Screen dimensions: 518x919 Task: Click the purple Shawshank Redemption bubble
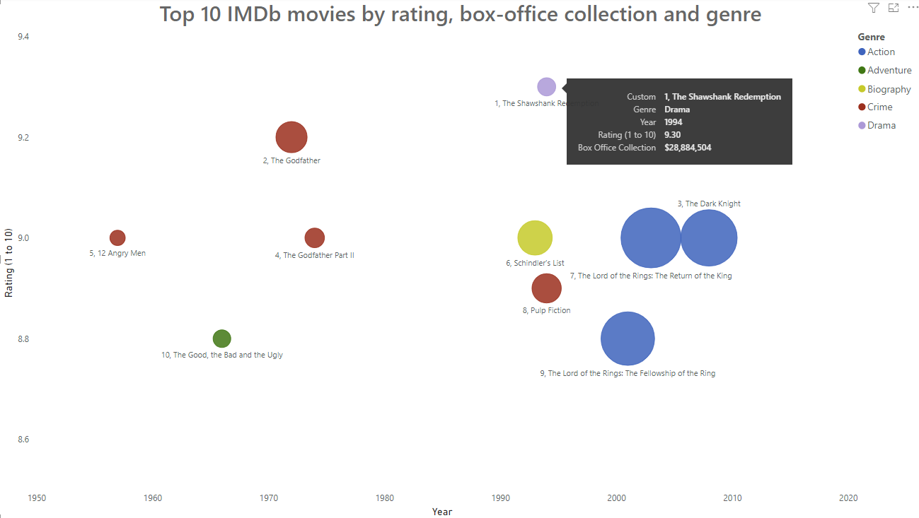pos(546,87)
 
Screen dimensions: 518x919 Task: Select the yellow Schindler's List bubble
pos(535,238)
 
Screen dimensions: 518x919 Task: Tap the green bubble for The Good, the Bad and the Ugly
pos(221,339)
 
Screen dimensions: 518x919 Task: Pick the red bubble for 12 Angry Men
pos(117,238)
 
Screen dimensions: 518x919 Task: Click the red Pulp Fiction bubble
pos(546,288)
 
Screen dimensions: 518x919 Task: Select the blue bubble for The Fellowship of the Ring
pos(627,339)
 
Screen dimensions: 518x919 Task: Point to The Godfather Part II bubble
pos(314,238)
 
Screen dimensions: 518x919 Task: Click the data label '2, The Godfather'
pos(291,161)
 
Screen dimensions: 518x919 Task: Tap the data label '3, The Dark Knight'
pos(709,204)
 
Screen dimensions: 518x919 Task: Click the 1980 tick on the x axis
pos(385,498)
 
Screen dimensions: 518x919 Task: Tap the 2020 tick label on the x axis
pos(848,498)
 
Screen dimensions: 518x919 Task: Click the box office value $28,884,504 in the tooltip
pos(688,148)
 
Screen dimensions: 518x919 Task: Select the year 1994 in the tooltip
pos(673,122)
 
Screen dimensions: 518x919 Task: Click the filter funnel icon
pos(874,8)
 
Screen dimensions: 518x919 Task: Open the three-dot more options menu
pos(912,8)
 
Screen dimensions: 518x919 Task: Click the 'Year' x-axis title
pos(442,512)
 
